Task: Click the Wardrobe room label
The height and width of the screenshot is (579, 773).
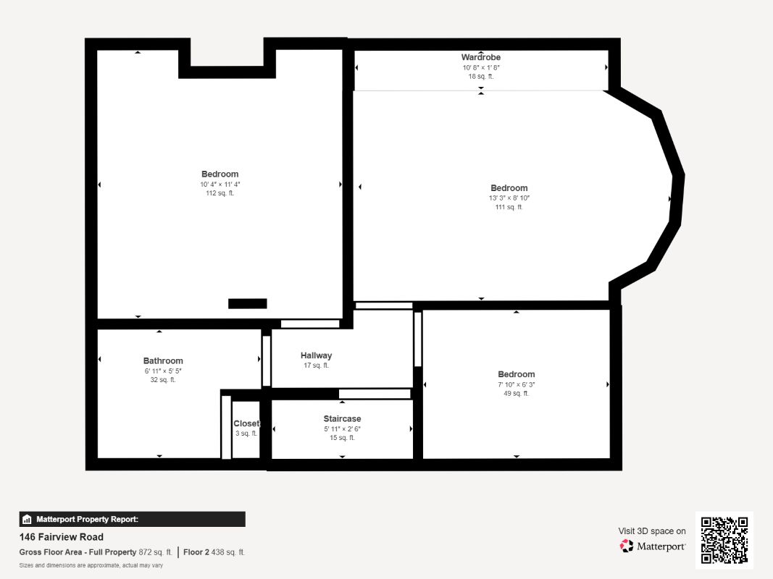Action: [480, 57]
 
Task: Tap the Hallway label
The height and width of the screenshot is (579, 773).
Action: [316, 355]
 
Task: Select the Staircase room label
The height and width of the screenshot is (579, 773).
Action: [342, 418]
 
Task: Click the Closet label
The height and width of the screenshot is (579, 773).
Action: [246, 423]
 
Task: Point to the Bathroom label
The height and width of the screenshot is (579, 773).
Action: [163, 361]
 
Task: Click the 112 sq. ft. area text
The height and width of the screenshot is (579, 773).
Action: [220, 193]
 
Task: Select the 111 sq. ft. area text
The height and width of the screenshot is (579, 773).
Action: [509, 207]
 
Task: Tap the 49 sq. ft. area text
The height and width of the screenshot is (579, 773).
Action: [516, 394]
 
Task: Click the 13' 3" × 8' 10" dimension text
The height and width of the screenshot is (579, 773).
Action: [509, 198]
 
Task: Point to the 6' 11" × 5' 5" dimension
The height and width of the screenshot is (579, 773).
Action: [163, 371]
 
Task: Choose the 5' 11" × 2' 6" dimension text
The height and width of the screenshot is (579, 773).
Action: [342, 429]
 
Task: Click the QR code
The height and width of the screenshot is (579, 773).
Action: [724, 540]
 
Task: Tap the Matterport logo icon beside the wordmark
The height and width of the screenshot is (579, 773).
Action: [626, 546]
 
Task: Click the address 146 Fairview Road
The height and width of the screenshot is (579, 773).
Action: [61, 537]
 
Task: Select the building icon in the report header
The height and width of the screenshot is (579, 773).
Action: [27, 520]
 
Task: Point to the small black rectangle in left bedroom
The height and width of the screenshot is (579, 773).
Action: [248, 304]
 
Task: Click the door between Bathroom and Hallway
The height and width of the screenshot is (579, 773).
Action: [266, 361]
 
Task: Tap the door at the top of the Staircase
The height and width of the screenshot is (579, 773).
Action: [375, 394]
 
